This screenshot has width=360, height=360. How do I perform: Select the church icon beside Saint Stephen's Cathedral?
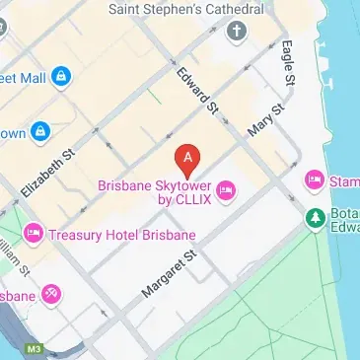coord(237,32)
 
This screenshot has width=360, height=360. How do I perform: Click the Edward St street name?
coord(194,89)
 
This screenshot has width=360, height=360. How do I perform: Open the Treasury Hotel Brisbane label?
coord(122,235)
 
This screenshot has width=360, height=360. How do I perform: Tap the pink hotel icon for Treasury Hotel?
coord(33,234)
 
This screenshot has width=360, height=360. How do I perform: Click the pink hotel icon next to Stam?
coord(315,180)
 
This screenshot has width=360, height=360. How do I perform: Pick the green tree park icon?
coord(316,217)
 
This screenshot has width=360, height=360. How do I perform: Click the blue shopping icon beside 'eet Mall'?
coord(60,75)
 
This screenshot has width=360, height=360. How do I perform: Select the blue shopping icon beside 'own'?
coord(40,130)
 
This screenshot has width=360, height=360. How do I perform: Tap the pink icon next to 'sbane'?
coord(51,294)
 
